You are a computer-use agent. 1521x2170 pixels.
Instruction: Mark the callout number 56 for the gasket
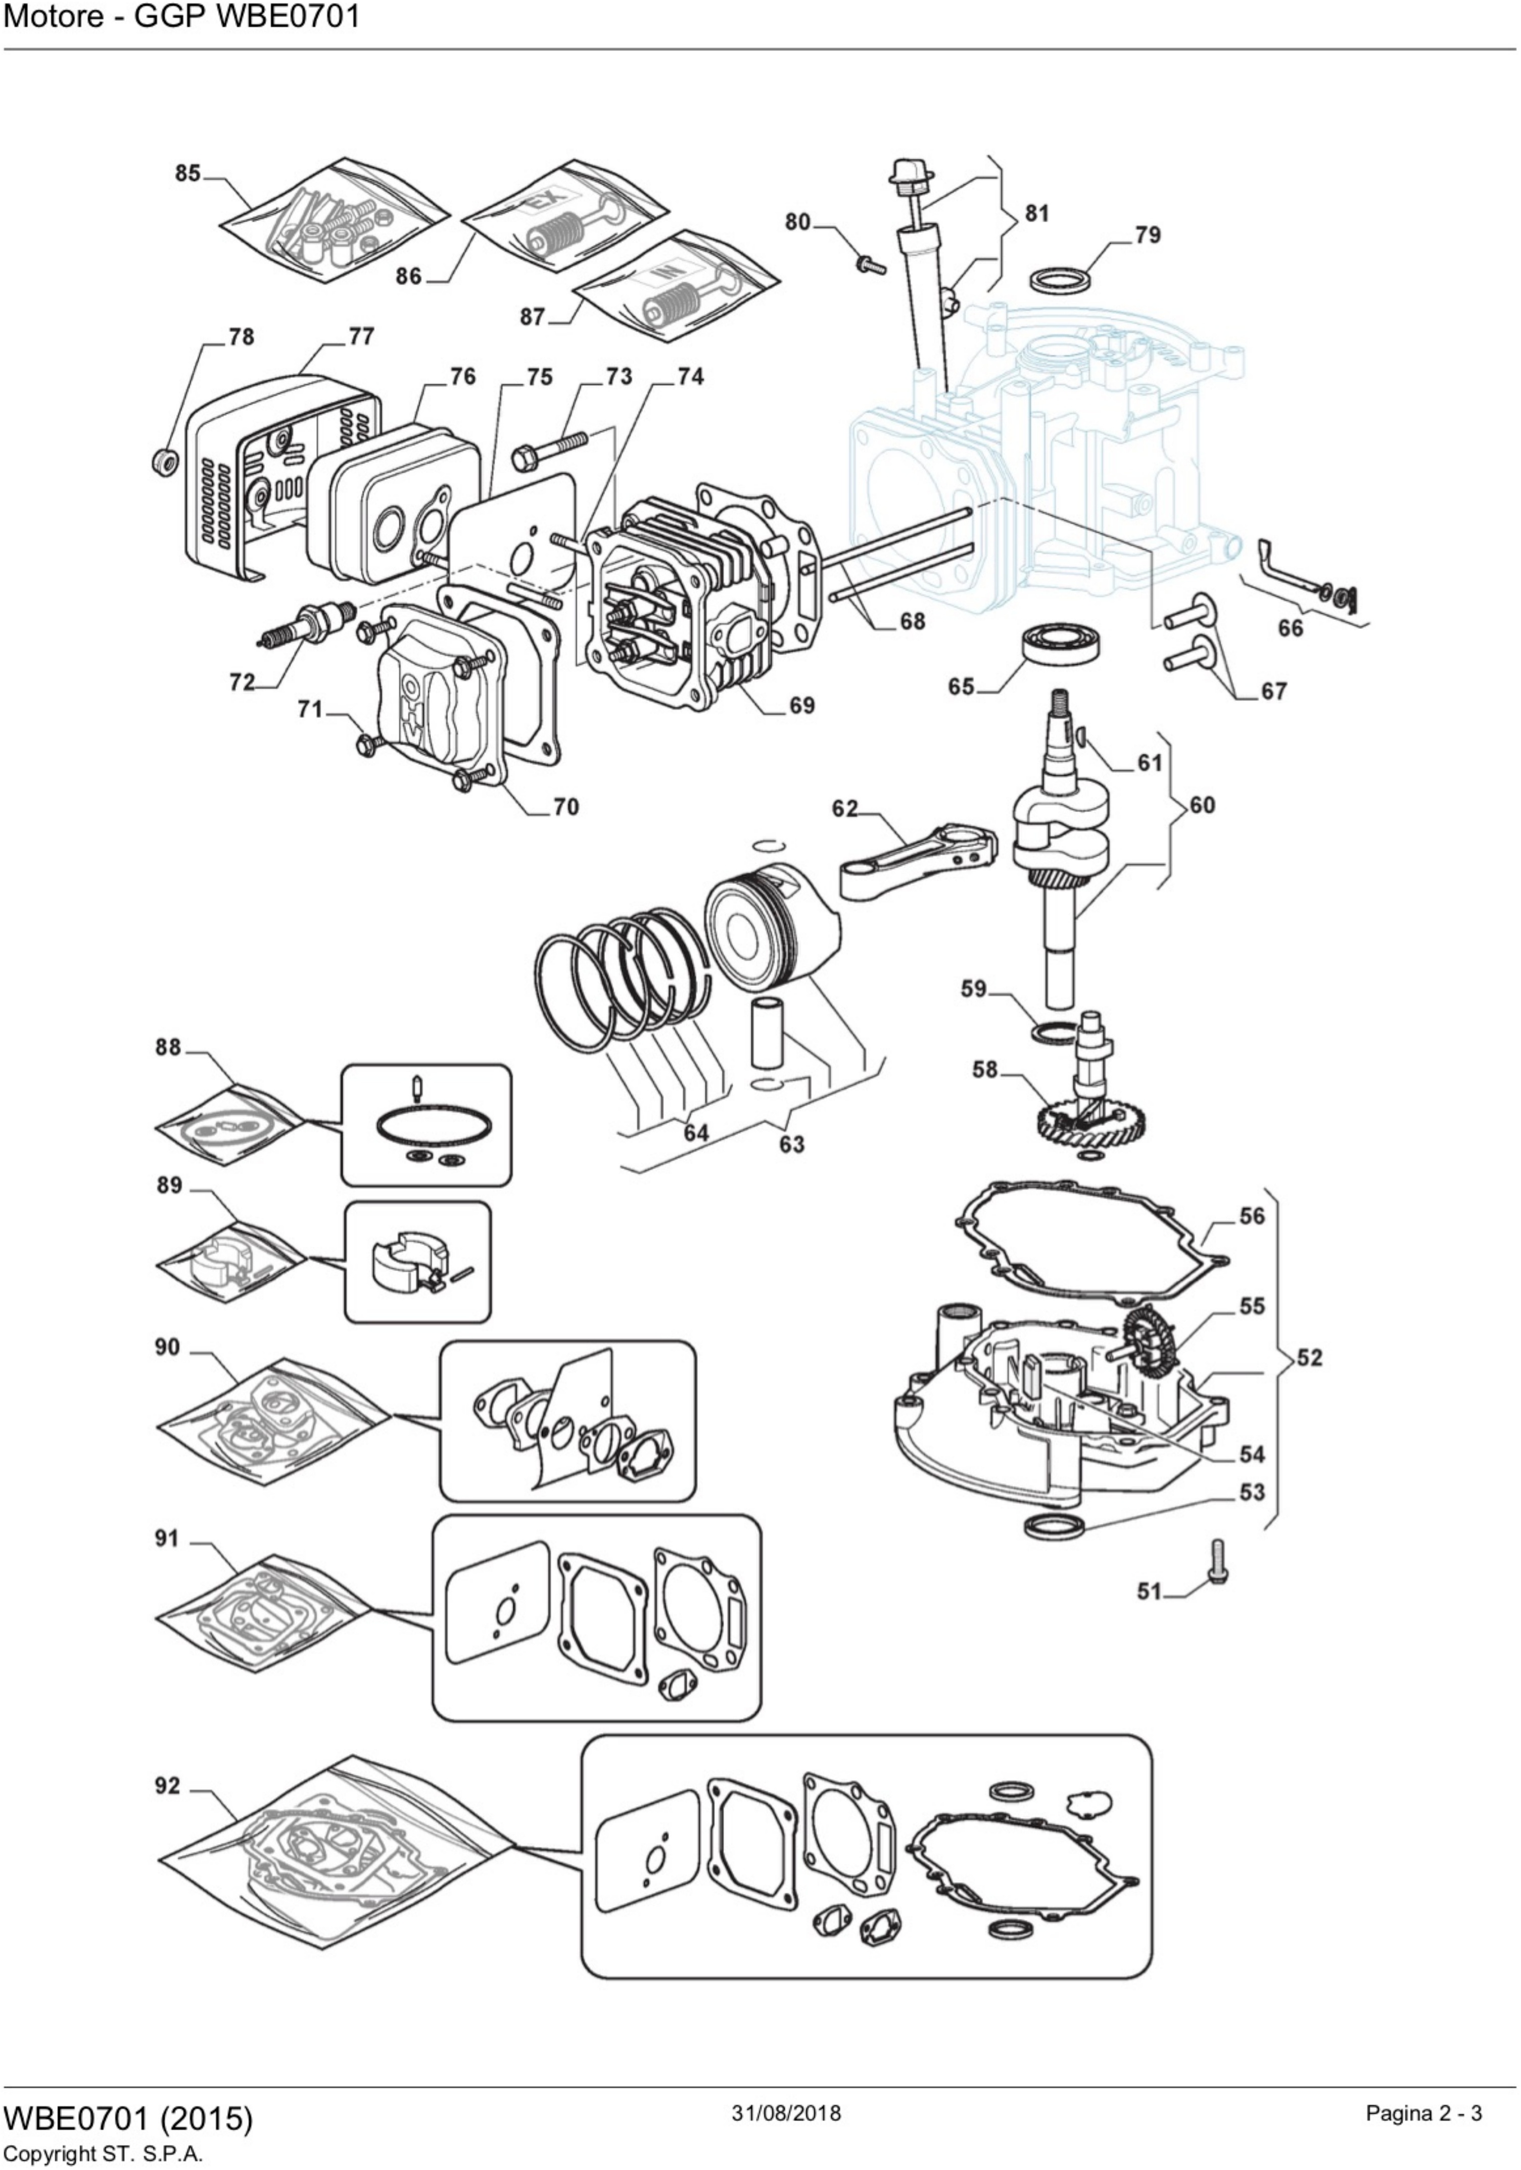[1252, 1215]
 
